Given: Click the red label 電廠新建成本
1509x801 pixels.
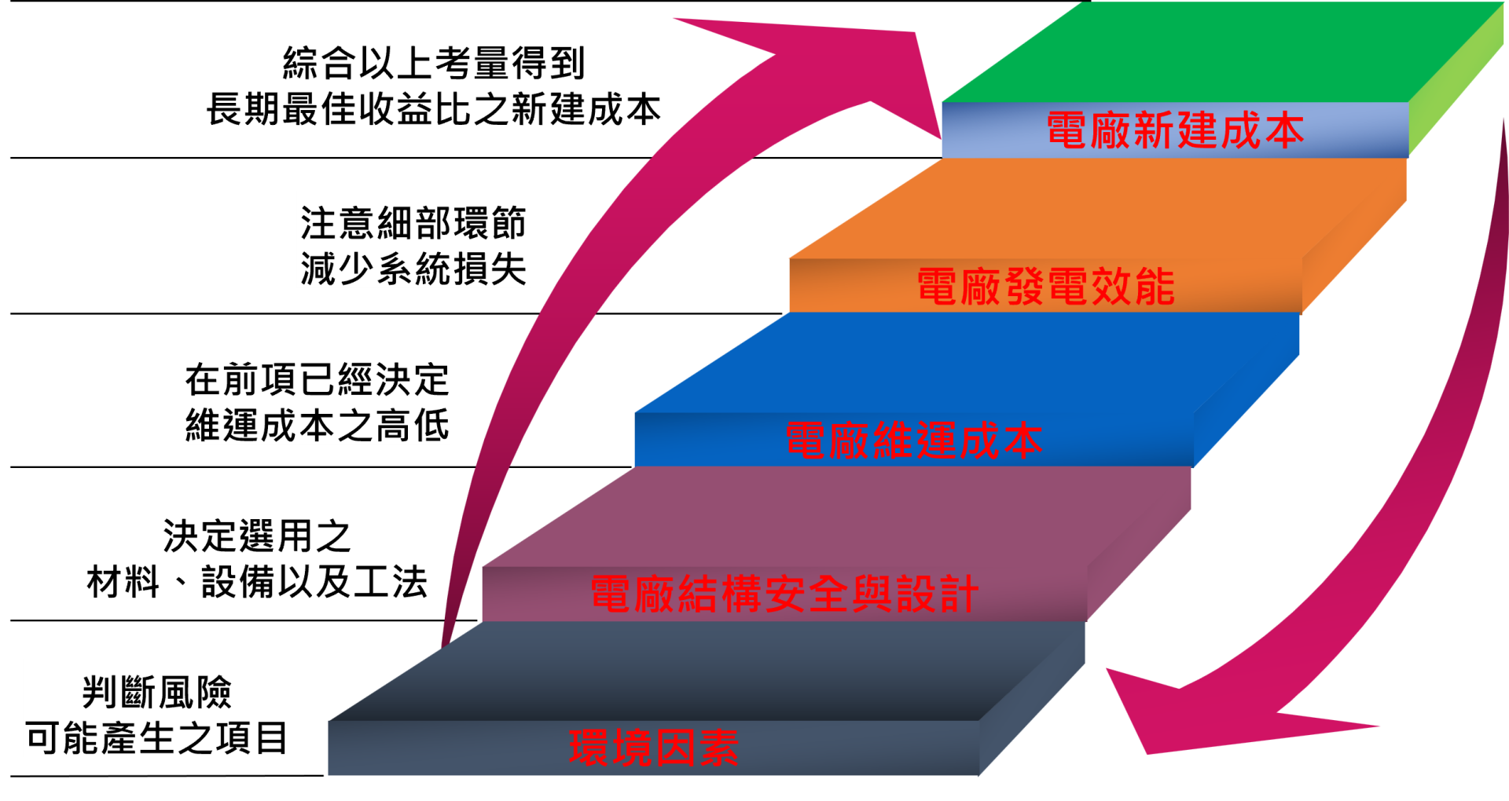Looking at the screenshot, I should tap(1175, 130).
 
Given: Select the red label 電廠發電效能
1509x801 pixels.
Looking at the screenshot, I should tap(1045, 287).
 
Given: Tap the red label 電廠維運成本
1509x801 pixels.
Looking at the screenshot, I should tap(914, 441).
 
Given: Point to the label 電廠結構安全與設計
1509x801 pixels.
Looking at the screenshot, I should tap(784, 594).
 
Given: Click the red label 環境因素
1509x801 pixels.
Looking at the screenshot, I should tap(654, 748).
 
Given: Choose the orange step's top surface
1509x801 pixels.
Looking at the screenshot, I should tap(1100, 208).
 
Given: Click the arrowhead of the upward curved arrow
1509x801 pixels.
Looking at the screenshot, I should tap(849, 71).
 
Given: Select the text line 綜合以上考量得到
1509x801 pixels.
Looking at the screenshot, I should tap(434, 64).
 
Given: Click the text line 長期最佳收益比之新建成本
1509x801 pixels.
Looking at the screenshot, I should tap(434, 109).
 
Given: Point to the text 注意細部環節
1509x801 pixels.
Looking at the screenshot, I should tap(413, 224).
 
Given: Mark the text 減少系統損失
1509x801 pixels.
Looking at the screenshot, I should tap(413, 269).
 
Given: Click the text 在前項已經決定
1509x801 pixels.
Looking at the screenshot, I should tap(317, 380).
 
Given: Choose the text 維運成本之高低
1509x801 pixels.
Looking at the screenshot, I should tap(317, 426).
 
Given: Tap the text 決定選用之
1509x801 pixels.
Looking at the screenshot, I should tap(256, 536).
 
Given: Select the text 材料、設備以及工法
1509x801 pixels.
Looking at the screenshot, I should tap(256, 582).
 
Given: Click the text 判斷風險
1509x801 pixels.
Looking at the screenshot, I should tap(156, 693).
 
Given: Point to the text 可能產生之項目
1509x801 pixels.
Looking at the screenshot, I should tap(156, 738).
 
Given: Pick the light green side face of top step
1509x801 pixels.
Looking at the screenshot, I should tap(1454, 86).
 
